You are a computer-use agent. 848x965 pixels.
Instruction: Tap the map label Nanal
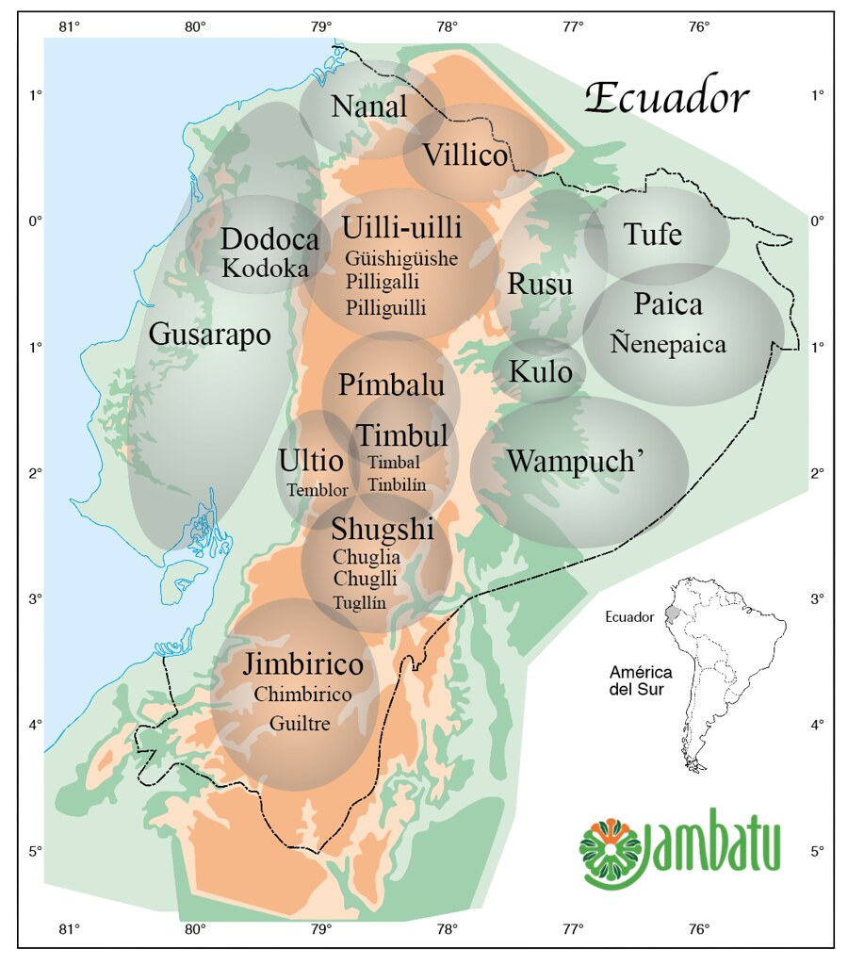tap(369, 106)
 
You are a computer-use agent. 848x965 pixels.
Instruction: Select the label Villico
tap(465, 155)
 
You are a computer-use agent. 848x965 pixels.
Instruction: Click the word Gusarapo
tap(209, 335)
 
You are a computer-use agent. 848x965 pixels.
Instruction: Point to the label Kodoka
tap(265, 269)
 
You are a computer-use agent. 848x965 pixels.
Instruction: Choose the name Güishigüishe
tap(401, 258)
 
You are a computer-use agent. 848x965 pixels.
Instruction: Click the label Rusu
tap(540, 284)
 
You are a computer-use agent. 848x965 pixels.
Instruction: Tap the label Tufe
tap(653, 234)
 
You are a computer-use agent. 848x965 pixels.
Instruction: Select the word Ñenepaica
tap(668, 344)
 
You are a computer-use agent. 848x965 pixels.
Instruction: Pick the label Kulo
tap(540, 372)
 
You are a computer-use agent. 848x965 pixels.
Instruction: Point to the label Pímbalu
tap(390, 385)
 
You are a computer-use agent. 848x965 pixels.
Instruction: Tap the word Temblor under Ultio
tap(318, 490)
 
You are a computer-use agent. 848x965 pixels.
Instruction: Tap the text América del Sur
tap(640, 680)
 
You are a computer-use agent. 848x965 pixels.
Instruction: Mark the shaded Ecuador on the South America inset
tap(671, 612)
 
